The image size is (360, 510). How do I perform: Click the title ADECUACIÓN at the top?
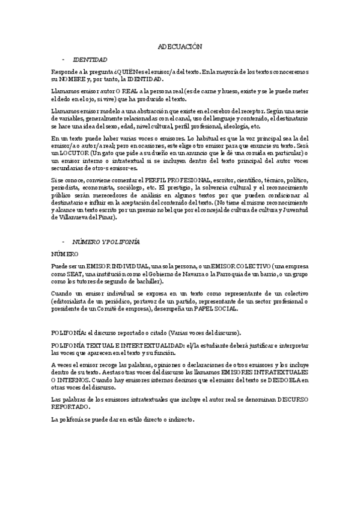(x=180, y=46)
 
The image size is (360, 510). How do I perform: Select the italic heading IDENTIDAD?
(x=90, y=60)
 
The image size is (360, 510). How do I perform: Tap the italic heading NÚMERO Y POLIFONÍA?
(x=106, y=241)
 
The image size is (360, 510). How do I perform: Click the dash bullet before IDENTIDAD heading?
(x=63, y=60)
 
